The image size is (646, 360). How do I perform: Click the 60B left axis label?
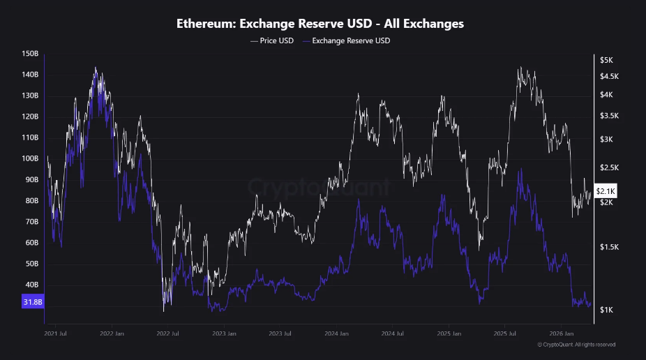point(31,243)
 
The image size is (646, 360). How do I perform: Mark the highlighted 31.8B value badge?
point(33,302)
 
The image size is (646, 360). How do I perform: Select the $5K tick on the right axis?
point(607,60)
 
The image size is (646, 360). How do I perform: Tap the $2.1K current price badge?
point(605,191)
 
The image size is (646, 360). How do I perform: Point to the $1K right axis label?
point(607,310)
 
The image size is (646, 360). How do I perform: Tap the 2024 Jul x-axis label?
point(394,333)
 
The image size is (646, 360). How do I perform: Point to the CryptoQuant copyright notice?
point(576,344)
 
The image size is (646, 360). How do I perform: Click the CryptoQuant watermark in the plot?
point(320,187)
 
